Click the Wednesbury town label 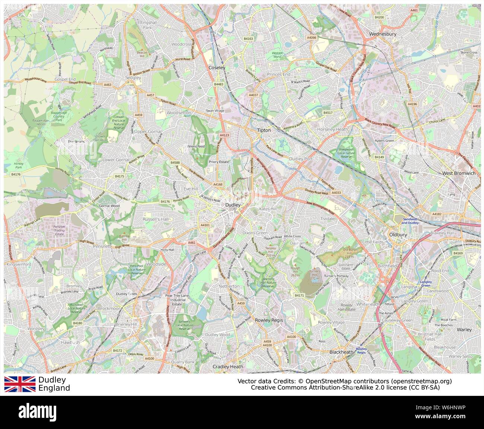[x=382, y=34]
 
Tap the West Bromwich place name [x=459, y=173]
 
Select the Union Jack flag [x=20, y=384]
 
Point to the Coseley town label [x=217, y=68]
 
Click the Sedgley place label [x=133, y=78]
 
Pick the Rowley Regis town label [x=269, y=320]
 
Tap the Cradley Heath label [x=227, y=366]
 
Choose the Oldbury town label [x=398, y=235]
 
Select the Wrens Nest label [x=196, y=146]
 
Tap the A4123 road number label [x=225, y=135]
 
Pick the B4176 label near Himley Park [x=16, y=174]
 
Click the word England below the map [x=54, y=388]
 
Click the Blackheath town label [x=341, y=352]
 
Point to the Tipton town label [x=264, y=130]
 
